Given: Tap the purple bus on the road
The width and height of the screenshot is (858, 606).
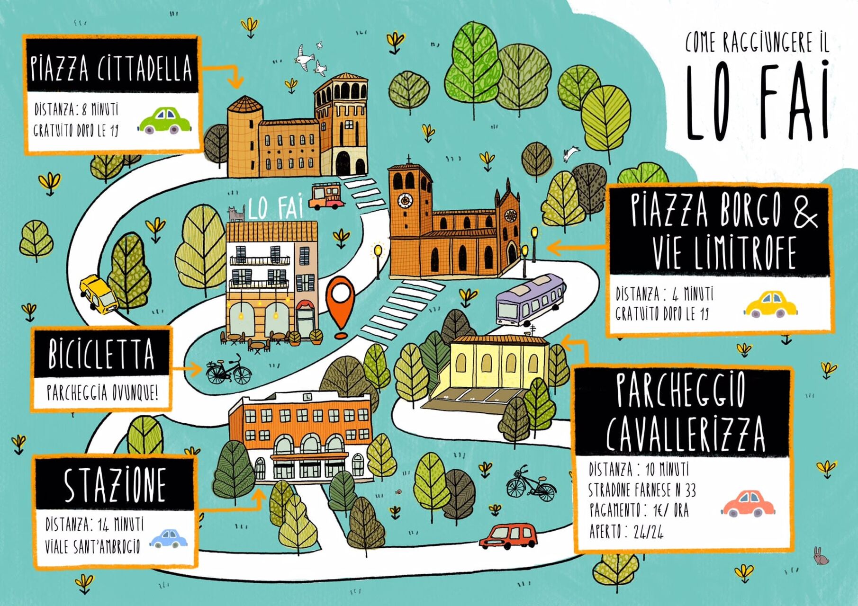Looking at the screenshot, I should click(530, 300).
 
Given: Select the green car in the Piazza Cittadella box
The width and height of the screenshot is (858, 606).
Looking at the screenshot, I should click(165, 121).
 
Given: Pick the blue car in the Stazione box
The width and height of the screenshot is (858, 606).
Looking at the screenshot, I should click(169, 538).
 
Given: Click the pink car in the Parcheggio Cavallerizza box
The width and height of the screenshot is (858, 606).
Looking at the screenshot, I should click(748, 504).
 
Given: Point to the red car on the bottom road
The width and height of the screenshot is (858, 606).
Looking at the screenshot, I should click(509, 536).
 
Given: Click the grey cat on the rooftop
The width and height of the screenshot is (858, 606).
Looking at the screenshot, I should click(236, 214).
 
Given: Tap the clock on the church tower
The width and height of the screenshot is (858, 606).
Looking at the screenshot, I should click(405, 200).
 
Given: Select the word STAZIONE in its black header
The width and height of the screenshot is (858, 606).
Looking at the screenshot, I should click(115, 485).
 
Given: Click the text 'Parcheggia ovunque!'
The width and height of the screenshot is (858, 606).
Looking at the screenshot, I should click(102, 392).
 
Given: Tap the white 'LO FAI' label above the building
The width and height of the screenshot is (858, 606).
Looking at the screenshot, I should click(275, 208).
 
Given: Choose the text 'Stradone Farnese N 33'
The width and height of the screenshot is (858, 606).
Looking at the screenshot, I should click(642, 490).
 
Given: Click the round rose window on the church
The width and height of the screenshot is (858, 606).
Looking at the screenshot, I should click(510, 216).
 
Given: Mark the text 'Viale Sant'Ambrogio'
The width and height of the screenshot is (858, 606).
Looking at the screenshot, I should click(93, 546).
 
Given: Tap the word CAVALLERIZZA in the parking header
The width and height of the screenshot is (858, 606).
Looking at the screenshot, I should click(685, 434).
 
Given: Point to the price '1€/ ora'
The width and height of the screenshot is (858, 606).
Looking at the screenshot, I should click(671, 510).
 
